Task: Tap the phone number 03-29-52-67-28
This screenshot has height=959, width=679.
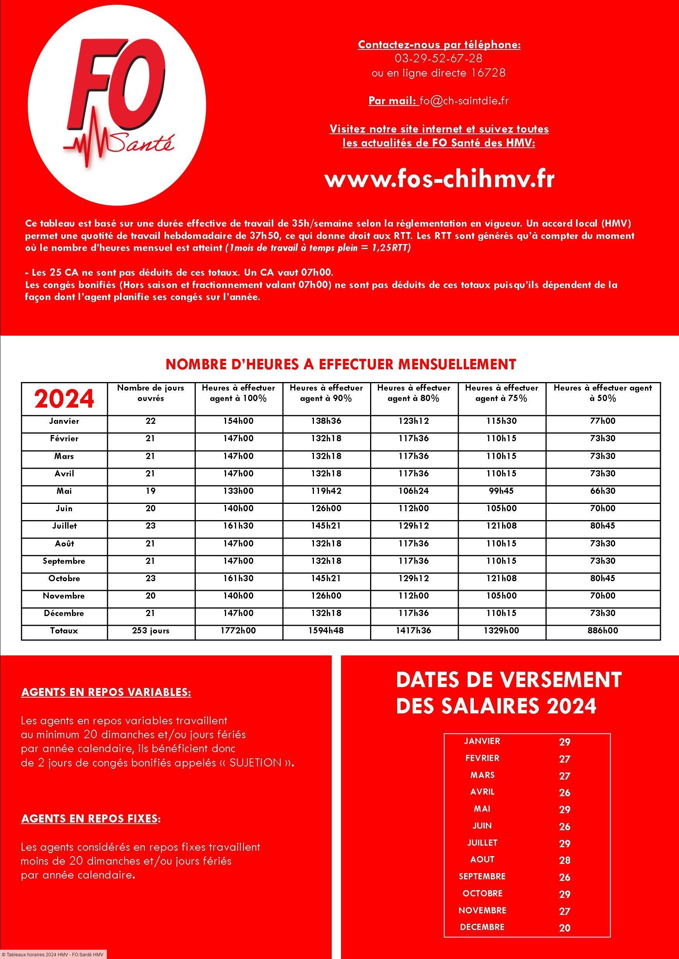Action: (439, 58)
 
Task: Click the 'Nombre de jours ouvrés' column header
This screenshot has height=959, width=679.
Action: (151, 392)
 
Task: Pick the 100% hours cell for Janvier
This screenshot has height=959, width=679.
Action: (238, 421)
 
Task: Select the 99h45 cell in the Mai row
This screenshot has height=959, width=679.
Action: (502, 491)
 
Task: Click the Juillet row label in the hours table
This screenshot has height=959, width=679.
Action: (64, 526)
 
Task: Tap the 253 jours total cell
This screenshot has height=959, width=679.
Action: (151, 631)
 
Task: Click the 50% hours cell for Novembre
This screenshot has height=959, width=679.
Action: (602, 596)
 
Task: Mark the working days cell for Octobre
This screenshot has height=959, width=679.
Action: (151, 578)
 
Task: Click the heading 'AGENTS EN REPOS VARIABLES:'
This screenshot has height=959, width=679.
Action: (106, 692)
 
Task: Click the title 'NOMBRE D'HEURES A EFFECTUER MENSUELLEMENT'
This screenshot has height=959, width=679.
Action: (341, 364)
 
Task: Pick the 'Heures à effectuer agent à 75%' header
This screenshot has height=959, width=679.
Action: (502, 392)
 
